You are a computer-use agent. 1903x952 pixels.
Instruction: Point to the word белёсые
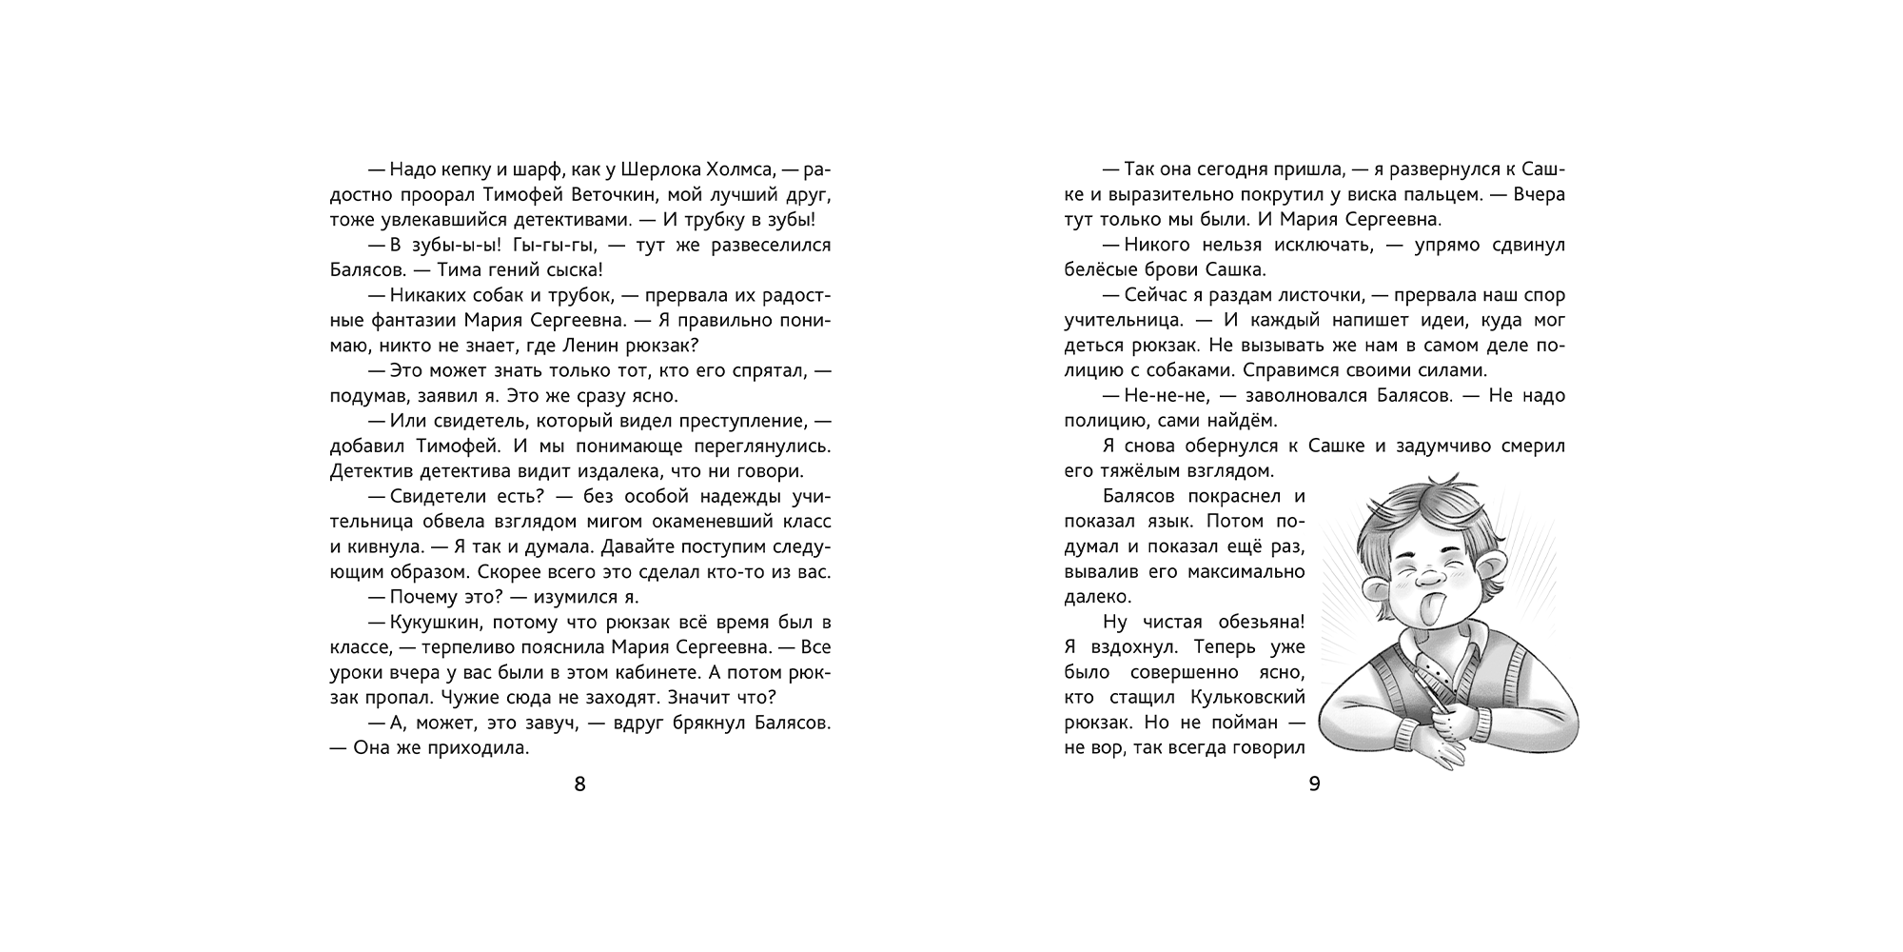coord(1107,270)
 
